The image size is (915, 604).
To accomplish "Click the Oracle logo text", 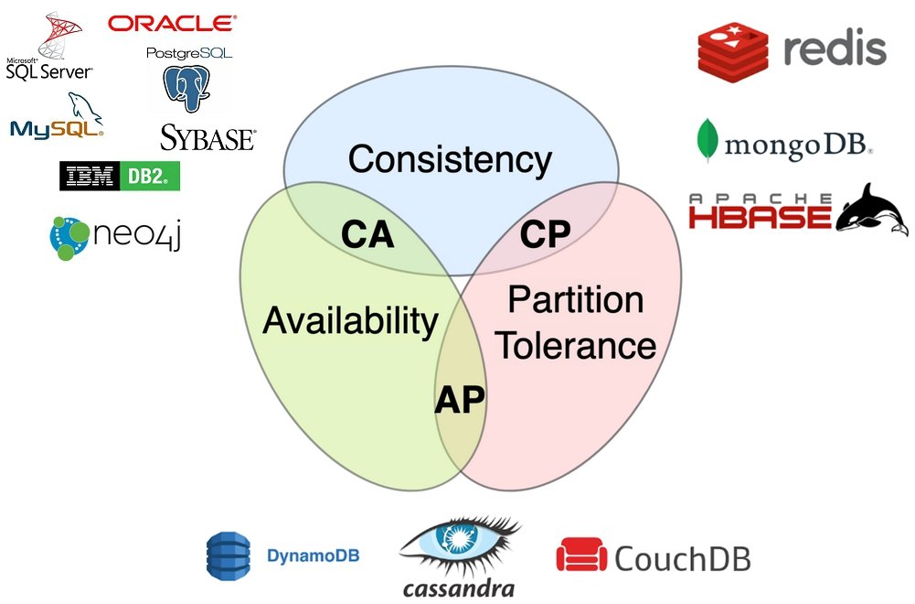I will [x=171, y=24].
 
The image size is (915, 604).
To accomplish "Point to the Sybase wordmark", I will [x=208, y=138].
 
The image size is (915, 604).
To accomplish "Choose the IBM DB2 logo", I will [x=120, y=176].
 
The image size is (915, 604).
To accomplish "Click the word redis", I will [x=835, y=49].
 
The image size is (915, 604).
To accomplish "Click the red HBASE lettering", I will [x=760, y=215].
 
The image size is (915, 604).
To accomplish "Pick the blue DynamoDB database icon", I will [x=228, y=555].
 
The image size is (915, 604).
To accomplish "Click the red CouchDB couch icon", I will [x=580, y=555].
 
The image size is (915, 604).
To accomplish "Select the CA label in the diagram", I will [x=367, y=234].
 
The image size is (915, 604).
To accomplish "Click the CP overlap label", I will [x=545, y=234].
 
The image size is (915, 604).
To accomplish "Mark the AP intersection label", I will [x=459, y=399].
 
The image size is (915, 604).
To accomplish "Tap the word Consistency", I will [x=450, y=159].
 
